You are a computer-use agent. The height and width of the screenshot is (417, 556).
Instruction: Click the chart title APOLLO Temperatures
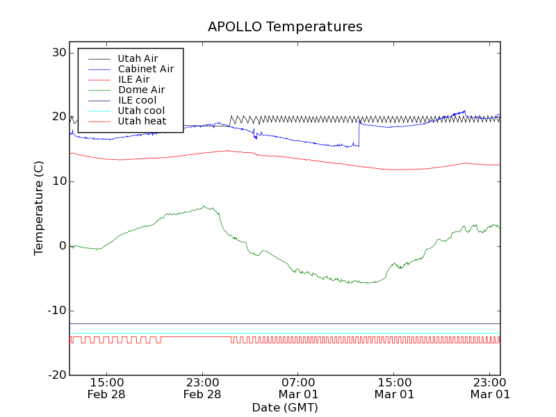(285, 27)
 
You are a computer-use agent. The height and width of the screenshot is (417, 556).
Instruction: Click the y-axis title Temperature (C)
(39, 208)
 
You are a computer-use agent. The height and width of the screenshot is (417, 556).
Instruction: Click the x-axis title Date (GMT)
(285, 407)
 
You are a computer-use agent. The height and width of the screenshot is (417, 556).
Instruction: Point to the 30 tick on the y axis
(58, 53)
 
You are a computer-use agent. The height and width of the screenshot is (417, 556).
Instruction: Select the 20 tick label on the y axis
(58, 117)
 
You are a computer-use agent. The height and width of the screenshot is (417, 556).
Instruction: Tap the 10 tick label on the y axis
(58, 181)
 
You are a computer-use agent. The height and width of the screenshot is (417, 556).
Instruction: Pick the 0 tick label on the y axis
(62, 246)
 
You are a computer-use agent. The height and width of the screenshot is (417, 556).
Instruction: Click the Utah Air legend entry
(136, 58)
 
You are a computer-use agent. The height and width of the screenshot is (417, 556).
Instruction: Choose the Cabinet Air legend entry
(145, 69)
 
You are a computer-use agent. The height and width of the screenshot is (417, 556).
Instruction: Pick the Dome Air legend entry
(141, 90)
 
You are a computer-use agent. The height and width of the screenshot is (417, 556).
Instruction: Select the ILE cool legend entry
(137, 100)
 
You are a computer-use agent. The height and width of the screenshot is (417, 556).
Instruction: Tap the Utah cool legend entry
(141, 111)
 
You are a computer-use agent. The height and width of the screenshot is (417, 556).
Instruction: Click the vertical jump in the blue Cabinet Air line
(359, 133)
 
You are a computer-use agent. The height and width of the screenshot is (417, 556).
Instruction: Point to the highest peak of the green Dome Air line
(204, 206)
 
